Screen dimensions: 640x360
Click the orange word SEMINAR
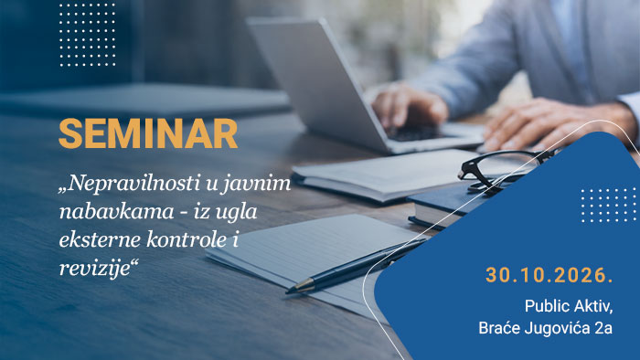(148, 133)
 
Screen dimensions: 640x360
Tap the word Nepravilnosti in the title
(132, 185)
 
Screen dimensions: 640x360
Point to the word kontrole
(187, 238)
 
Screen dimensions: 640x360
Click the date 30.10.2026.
(549, 275)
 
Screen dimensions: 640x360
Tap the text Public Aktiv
(569, 306)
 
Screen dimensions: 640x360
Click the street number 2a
(605, 328)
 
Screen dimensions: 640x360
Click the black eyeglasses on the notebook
(505, 171)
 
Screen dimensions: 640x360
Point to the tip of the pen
(287, 291)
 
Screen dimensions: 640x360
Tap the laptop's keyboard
(421, 133)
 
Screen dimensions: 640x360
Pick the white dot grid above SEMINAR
(88, 34)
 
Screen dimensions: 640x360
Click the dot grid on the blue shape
(608, 205)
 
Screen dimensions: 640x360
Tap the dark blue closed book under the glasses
(453, 207)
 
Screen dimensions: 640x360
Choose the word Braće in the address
(499, 328)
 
